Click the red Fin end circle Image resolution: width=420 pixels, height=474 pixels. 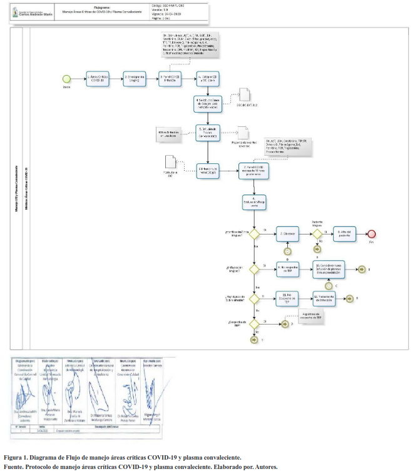[x=371, y=233]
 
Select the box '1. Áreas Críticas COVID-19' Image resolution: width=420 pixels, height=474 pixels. [x=98, y=78]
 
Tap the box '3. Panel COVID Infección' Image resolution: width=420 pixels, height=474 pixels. [x=171, y=78]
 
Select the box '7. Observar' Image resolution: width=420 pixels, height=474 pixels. [x=288, y=233]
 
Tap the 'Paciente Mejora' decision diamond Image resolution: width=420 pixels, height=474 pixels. [x=317, y=233]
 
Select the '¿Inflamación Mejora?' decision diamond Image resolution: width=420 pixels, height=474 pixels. [x=254, y=268]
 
